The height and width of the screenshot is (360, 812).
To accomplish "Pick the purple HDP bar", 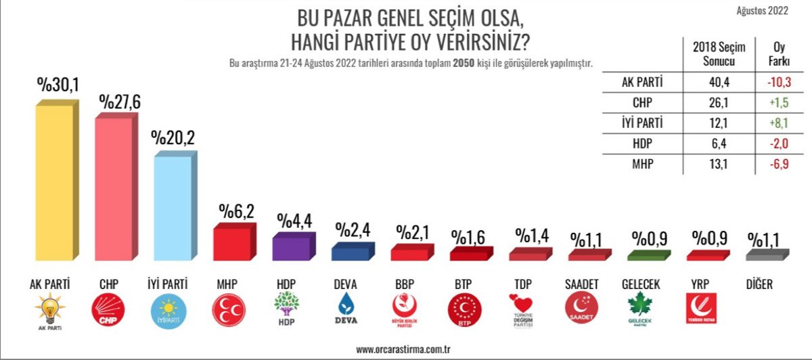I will (292, 248).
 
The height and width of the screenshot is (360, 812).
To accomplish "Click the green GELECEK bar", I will (646, 256).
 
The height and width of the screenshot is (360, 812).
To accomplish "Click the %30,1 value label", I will (59, 87).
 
